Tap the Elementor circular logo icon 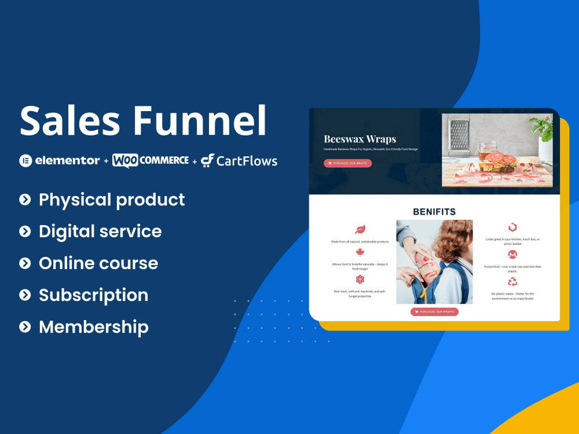click(25, 161)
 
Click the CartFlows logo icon click(208, 161)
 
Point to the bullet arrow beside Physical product click(25, 200)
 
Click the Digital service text click(100, 231)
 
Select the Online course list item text click(98, 263)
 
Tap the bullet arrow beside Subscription click(25, 295)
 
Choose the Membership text click(94, 327)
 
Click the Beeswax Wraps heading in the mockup click(360, 139)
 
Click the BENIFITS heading click(434, 212)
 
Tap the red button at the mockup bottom click(434, 312)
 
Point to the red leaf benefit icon click(360, 229)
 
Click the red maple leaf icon click(360, 252)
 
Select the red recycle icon click(512, 282)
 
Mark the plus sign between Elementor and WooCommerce click(106, 161)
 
